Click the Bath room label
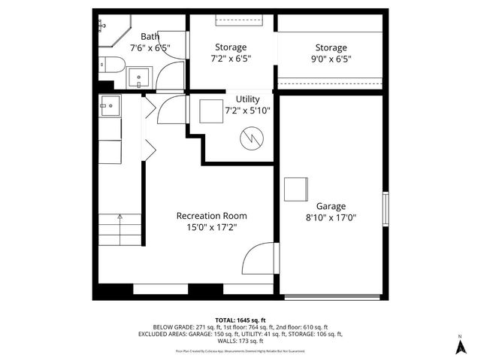point(150,36)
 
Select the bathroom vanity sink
point(141,77)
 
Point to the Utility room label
point(247,99)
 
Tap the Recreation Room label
point(211,215)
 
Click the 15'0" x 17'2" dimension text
point(211,227)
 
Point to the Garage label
point(330,205)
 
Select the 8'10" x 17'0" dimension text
point(330,218)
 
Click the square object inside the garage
point(295,189)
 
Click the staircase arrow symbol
point(119,217)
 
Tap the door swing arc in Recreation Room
point(257,259)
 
